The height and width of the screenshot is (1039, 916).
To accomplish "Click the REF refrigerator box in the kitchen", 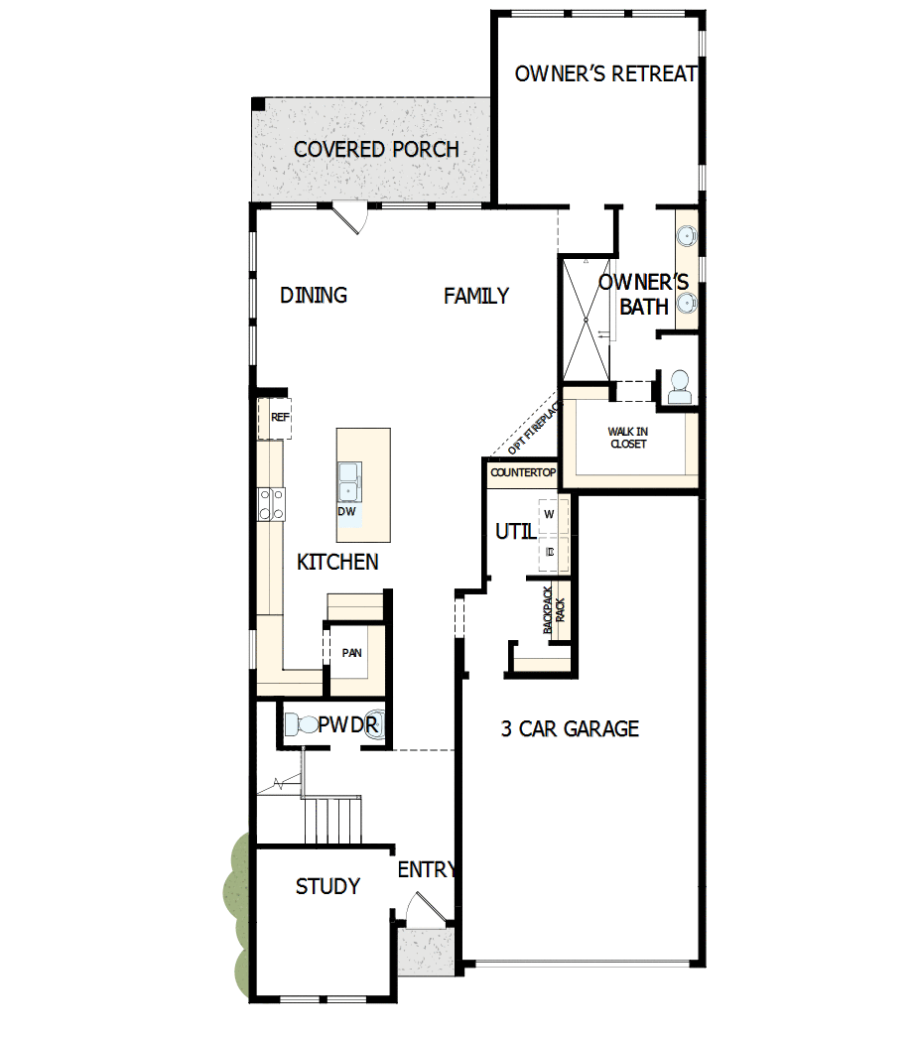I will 280,418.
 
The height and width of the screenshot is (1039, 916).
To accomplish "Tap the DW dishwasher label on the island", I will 346,512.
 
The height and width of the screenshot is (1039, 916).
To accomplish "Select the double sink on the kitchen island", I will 349,482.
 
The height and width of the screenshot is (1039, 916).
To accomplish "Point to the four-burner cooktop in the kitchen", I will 272,504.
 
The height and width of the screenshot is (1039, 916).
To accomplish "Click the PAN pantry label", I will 351,653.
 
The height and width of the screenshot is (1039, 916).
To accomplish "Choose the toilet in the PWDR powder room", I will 299,724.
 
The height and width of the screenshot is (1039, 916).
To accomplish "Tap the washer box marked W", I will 549,514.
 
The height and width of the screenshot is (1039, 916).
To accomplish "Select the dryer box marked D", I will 549,550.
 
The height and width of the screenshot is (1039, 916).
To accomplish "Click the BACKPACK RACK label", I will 554,609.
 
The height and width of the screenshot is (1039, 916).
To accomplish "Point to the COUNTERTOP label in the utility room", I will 523,473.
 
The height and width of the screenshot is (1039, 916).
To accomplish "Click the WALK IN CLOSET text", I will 627,438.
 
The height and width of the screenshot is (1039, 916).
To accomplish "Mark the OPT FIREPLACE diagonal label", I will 534,427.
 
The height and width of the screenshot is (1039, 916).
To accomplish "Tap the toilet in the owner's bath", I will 680,387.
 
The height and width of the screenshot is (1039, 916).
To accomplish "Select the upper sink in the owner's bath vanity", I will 686,236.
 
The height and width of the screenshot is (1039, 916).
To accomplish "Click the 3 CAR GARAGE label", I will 570,729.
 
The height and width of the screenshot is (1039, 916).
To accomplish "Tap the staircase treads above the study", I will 332,819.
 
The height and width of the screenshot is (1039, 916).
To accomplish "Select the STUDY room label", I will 327,886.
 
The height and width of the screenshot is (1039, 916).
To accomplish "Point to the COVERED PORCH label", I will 376,150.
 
